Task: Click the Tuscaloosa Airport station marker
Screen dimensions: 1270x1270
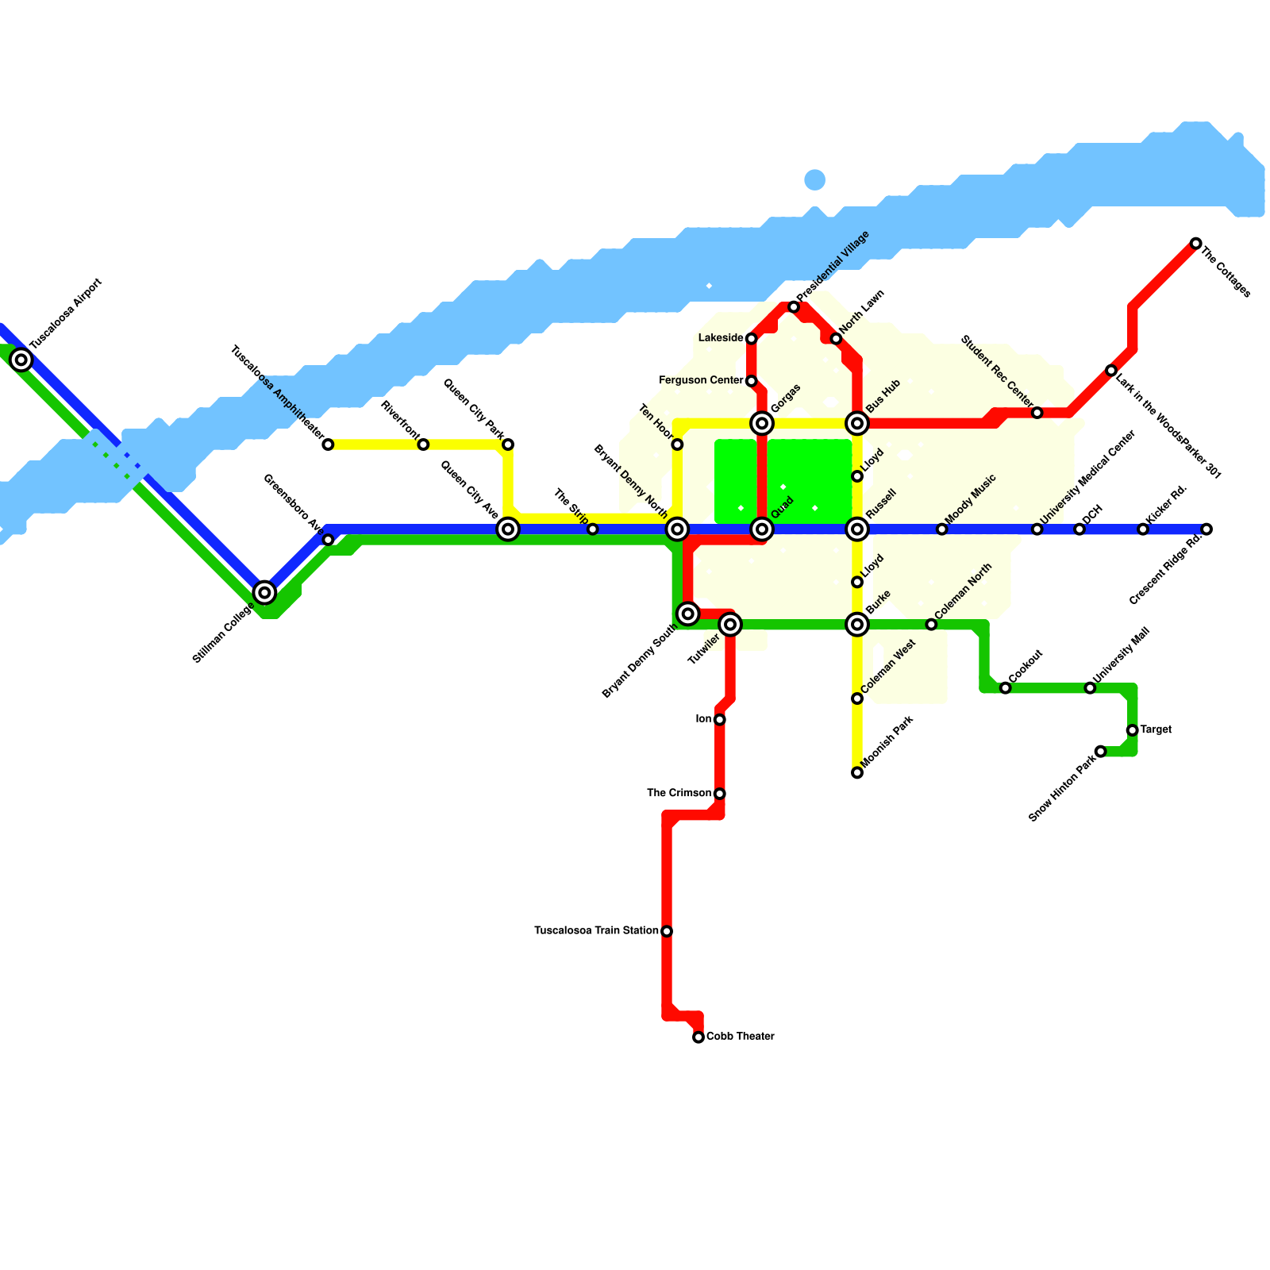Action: coord(21,360)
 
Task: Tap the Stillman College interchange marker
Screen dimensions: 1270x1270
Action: coord(264,592)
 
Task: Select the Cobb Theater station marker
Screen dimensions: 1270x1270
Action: coord(698,1037)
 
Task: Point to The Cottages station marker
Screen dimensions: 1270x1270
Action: coord(1196,244)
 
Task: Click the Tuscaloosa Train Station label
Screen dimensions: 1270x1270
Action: coord(596,930)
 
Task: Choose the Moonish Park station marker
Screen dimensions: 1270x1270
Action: coord(857,773)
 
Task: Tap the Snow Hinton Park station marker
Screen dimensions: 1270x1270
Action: coord(1101,752)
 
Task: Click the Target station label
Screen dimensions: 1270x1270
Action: coord(1156,730)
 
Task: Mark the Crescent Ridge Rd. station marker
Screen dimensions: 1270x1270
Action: coord(1206,529)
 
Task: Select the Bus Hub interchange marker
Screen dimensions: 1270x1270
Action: coord(857,424)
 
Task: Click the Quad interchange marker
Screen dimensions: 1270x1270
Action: coord(762,529)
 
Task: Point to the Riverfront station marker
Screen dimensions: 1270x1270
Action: coord(423,444)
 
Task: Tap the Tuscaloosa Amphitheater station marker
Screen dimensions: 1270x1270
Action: coord(328,444)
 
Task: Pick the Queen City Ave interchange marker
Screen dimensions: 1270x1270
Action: coord(508,529)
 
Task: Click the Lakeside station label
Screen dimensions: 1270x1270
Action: coord(721,338)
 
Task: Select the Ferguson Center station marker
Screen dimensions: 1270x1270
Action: coord(752,381)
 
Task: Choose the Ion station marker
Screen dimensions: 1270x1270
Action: coord(720,720)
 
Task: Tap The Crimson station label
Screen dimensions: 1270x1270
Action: coord(679,793)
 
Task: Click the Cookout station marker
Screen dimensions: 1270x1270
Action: coord(1006,688)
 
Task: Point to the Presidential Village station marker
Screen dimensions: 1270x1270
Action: coord(794,307)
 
